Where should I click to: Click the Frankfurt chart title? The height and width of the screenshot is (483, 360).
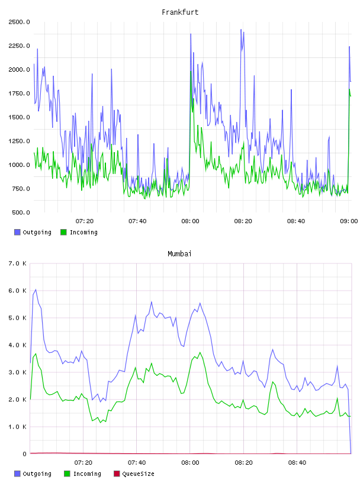click(x=180, y=12)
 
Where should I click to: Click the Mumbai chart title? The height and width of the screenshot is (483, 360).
click(x=179, y=253)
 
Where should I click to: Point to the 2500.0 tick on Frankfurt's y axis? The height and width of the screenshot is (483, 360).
click(x=19, y=22)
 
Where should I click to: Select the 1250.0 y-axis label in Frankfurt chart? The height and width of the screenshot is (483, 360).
click(x=19, y=141)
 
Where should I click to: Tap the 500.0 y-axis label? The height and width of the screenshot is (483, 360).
click(x=21, y=212)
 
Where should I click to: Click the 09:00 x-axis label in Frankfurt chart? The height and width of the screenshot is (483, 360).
click(x=349, y=221)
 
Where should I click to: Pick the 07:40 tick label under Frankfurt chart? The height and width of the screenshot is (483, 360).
click(x=137, y=221)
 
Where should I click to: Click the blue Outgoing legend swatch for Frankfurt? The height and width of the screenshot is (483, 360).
click(x=17, y=232)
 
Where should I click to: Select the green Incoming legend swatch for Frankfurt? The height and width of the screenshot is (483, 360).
click(x=63, y=232)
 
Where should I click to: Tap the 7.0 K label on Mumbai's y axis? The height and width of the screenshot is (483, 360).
click(x=18, y=263)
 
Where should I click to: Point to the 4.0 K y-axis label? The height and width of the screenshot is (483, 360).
click(x=18, y=345)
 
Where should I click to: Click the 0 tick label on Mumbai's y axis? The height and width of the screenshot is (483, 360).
click(x=25, y=454)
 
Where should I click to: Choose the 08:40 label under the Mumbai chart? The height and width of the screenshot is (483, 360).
click(x=297, y=462)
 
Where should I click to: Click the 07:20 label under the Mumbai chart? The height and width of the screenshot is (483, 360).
click(x=83, y=462)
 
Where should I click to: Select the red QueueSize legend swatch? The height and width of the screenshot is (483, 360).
click(x=117, y=474)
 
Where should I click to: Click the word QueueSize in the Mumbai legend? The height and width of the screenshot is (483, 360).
click(x=138, y=474)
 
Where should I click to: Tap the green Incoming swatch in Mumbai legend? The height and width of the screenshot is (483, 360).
click(x=67, y=474)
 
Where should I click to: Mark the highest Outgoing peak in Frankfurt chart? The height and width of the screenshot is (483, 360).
click(x=241, y=30)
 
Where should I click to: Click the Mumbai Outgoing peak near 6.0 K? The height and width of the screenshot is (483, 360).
click(x=36, y=289)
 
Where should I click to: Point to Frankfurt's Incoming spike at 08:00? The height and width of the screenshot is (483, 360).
click(x=191, y=72)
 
